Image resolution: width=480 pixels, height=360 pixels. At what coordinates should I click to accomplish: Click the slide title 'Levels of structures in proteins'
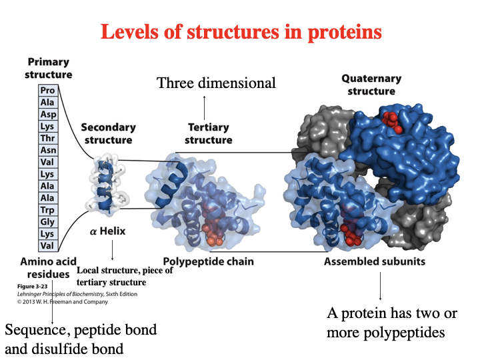click(x=241, y=31)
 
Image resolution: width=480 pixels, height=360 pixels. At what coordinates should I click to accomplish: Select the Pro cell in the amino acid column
click(x=47, y=90)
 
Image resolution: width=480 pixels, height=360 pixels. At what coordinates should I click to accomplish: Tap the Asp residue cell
click(x=47, y=114)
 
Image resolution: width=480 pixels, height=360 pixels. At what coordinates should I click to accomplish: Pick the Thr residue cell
click(x=47, y=139)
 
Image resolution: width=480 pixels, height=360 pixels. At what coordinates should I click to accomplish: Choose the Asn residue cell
click(x=47, y=151)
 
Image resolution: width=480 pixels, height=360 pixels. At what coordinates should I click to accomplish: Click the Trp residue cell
click(x=47, y=211)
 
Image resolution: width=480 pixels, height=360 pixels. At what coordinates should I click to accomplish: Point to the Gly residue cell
click(x=47, y=223)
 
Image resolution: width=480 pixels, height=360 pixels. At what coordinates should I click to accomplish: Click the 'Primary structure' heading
click(x=49, y=69)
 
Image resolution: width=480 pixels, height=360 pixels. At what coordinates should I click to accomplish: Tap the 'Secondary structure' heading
click(x=108, y=133)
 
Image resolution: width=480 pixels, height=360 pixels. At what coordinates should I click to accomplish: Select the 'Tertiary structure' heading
click(x=208, y=133)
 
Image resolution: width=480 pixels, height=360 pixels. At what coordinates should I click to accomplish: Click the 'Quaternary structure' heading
click(x=371, y=85)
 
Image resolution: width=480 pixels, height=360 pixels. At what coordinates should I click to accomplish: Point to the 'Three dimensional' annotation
click(x=216, y=83)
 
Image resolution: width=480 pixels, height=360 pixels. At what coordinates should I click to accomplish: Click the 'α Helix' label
click(x=107, y=231)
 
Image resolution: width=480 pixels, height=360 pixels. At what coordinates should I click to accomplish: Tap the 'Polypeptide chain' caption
click(x=208, y=261)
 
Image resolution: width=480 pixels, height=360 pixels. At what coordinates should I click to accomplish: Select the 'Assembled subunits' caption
click(x=374, y=261)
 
